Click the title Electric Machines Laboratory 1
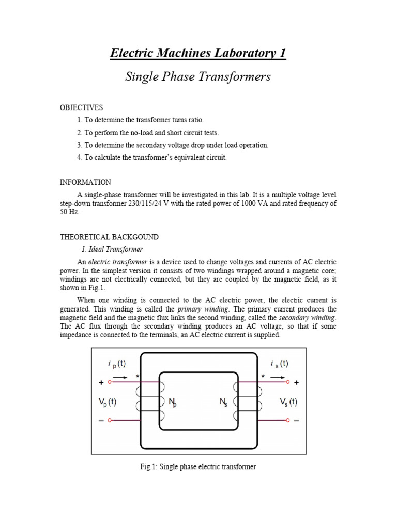click(x=198, y=53)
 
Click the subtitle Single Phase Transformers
click(x=198, y=77)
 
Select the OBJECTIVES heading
click(x=82, y=107)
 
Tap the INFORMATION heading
click(x=85, y=182)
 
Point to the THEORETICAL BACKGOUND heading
click(x=110, y=237)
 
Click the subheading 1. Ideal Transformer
click(x=110, y=249)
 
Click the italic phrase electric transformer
click(x=118, y=262)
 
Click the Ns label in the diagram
click(x=224, y=401)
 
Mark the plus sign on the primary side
click(x=101, y=383)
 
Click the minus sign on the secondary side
click(x=296, y=421)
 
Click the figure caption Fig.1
click(x=198, y=467)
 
